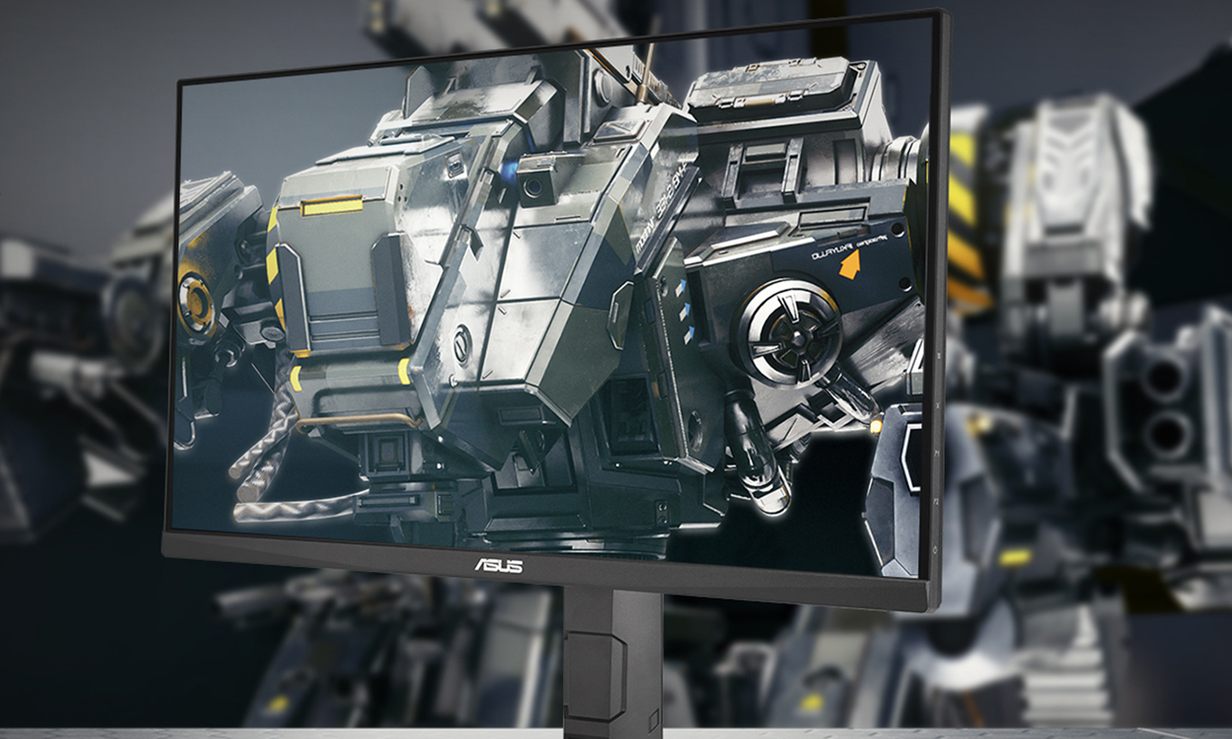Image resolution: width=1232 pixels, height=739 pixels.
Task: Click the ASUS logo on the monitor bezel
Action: (x=498, y=566)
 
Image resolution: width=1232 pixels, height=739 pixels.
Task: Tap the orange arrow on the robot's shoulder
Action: (x=849, y=263)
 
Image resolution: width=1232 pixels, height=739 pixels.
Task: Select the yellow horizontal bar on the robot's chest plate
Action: (x=332, y=206)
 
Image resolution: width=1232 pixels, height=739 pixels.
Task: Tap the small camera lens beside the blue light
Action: (x=532, y=187)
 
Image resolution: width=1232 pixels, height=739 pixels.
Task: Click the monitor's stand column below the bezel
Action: (x=612, y=663)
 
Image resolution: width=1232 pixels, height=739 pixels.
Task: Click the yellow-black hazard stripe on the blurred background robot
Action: (x=965, y=218)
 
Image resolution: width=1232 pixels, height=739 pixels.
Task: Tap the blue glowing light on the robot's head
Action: (x=509, y=172)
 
